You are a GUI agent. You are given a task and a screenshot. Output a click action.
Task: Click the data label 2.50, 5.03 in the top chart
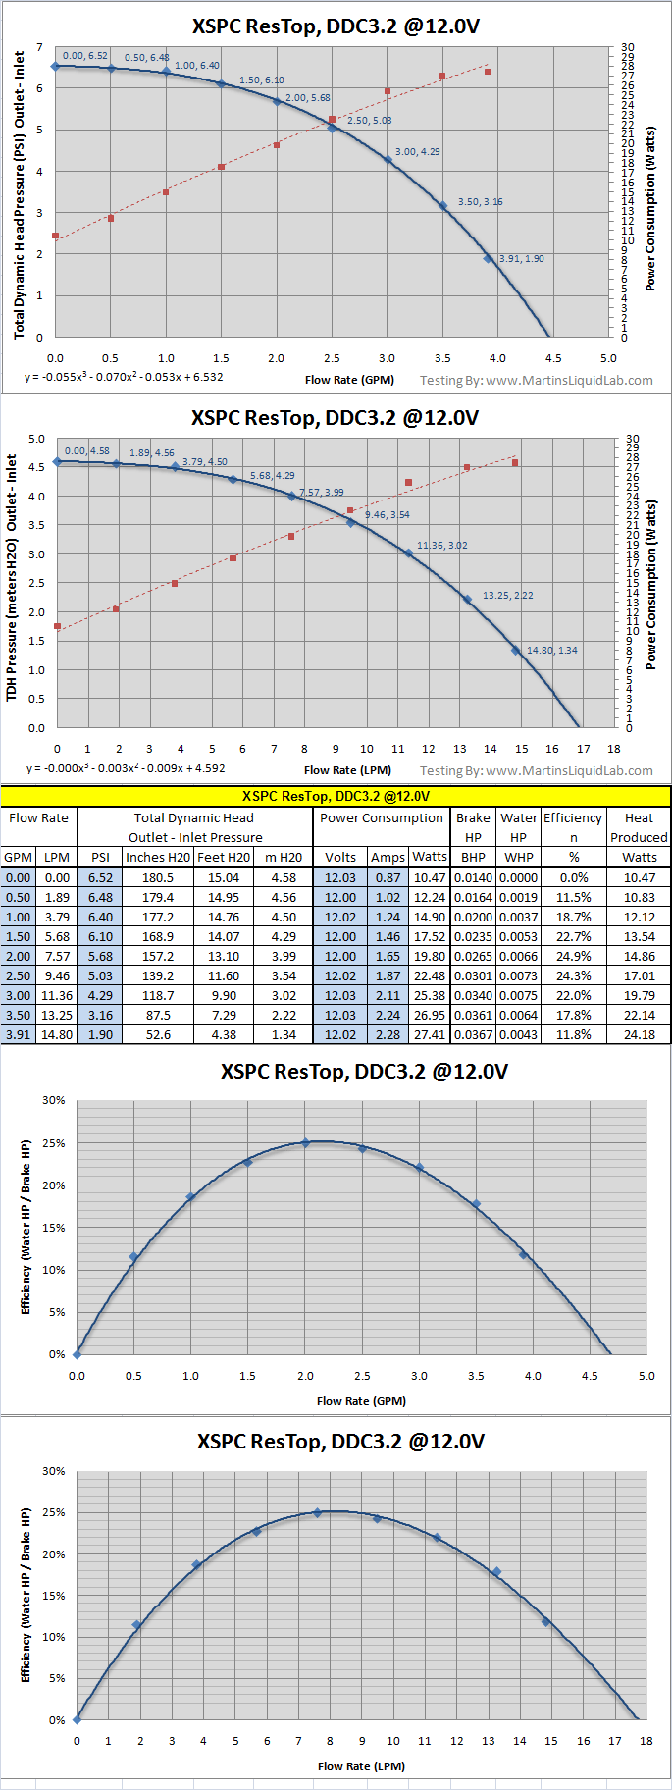(x=369, y=121)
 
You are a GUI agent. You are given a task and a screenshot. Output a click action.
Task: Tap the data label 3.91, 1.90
(x=521, y=259)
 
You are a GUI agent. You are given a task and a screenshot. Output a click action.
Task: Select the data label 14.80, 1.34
(x=551, y=651)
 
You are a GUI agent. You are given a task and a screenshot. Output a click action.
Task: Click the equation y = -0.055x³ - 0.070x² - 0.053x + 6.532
(x=124, y=377)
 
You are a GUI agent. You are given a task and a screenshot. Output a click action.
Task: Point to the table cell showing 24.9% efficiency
(x=574, y=957)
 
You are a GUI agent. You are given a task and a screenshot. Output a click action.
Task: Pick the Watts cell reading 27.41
(x=430, y=1035)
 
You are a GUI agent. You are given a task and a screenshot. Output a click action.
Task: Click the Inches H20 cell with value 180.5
(x=158, y=878)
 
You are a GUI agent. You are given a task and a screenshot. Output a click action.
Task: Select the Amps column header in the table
(x=388, y=858)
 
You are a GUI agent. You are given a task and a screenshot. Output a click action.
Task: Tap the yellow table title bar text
(x=336, y=796)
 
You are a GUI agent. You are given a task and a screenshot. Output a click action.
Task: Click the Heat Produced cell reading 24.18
(x=639, y=1035)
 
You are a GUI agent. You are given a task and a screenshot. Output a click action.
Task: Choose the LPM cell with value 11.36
(x=57, y=996)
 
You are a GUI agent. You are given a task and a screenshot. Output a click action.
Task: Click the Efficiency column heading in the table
(x=573, y=818)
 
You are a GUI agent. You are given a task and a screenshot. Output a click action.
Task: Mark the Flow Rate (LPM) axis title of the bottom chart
(x=361, y=1766)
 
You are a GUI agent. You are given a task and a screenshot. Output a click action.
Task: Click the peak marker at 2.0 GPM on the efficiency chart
(x=305, y=1143)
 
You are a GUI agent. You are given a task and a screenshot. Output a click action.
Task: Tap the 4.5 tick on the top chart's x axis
(x=553, y=358)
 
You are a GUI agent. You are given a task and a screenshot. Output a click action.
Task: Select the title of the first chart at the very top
(x=336, y=26)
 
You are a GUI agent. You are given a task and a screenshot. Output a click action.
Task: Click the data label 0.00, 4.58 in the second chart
(x=86, y=451)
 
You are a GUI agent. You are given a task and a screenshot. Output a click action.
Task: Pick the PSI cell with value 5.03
(x=100, y=976)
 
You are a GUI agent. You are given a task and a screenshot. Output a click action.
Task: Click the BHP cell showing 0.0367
(x=473, y=1035)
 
